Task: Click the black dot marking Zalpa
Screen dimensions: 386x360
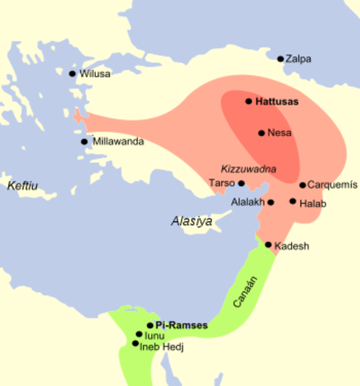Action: (280, 59)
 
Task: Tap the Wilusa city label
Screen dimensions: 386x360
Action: (96, 74)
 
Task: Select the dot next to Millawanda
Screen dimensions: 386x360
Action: (84, 142)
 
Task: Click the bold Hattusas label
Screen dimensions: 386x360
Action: (276, 103)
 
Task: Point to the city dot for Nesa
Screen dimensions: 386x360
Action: (261, 133)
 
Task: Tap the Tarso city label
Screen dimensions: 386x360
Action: (222, 183)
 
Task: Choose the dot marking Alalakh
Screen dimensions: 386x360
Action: (271, 202)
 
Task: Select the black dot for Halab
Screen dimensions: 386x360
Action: (292, 201)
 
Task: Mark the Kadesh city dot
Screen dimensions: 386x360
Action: (268, 244)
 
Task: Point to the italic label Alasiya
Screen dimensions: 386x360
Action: (190, 220)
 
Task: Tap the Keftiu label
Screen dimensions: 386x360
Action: (22, 186)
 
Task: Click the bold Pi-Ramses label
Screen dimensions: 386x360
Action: (182, 326)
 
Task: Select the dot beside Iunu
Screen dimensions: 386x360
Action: (139, 334)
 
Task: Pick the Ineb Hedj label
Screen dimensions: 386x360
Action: (162, 346)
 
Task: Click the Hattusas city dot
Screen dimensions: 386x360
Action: (248, 102)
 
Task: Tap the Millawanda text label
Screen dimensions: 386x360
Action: (118, 142)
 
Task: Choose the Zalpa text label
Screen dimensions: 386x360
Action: (300, 59)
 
